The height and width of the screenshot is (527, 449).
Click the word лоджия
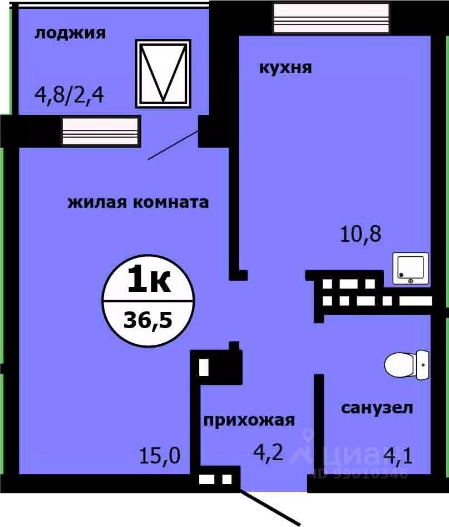[x=70, y=33]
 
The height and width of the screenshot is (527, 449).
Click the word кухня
[x=285, y=68]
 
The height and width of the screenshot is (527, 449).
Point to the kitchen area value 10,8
[x=361, y=233]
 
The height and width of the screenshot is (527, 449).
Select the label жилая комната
[x=138, y=202]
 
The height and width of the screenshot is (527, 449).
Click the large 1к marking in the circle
[x=149, y=279]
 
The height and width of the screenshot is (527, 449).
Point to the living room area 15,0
[x=160, y=456]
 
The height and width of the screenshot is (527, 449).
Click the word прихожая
[x=248, y=420]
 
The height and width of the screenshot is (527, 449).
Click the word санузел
[x=377, y=408]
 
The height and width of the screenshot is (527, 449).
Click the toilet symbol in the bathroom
[x=407, y=364]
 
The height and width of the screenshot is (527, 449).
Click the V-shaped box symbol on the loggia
[x=163, y=73]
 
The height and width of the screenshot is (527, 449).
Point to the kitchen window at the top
[x=331, y=17]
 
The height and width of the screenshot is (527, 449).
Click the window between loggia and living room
[x=100, y=131]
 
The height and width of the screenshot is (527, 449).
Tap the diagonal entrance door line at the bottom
[x=270, y=507]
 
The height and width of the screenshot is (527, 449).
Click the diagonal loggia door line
[x=172, y=145]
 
